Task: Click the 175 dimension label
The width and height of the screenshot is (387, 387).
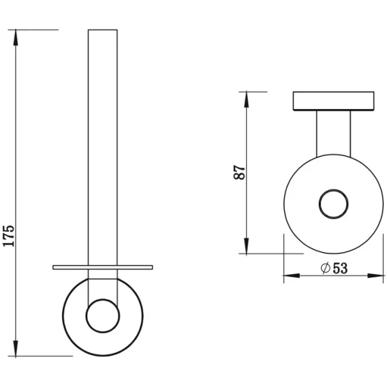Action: click(x=9, y=236)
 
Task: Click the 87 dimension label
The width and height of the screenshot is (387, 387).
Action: click(x=239, y=172)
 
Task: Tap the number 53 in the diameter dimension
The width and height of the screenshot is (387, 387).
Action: click(x=341, y=268)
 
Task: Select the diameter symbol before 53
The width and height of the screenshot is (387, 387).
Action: click(x=326, y=268)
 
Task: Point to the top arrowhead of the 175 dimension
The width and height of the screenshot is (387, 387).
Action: click(x=16, y=37)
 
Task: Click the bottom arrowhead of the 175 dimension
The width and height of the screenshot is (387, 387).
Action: click(x=16, y=347)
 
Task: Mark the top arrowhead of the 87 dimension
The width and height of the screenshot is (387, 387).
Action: click(x=247, y=99)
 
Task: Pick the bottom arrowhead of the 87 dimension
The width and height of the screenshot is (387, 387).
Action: click(x=247, y=245)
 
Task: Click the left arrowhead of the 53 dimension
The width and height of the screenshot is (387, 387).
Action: click(x=292, y=275)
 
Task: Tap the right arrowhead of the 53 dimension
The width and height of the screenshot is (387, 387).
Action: click(x=375, y=275)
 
